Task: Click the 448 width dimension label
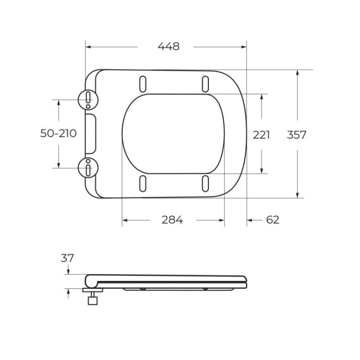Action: pyautogui.click(x=168, y=47)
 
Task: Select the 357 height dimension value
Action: pyautogui.click(x=296, y=135)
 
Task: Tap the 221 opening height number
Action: pyautogui.click(x=262, y=135)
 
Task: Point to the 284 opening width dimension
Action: pyautogui.click(x=172, y=220)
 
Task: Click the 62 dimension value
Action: pyautogui.click(x=272, y=220)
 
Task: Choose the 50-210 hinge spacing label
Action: pyautogui.click(x=58, y=133)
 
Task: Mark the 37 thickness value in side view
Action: pyautogui.click(x=68, y=258)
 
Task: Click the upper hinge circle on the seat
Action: pyautogui.click(x=88, y=99)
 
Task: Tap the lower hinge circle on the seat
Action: pyautogui.click(x=88, y=168)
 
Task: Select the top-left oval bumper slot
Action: pyautogui.click(x=143, y=83)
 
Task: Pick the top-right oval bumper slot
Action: pyautogui.click(x=205, y=83)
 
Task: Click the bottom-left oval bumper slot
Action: pyautogui.click(x=143, y=183)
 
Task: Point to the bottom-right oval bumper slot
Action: pyautogui.click(x=205, y=183)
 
